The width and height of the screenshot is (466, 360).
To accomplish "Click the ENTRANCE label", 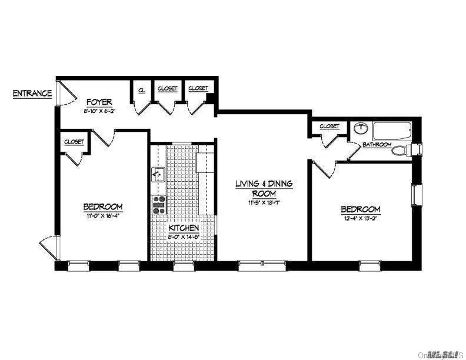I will point(32,94).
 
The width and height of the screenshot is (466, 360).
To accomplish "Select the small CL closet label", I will point(142,90).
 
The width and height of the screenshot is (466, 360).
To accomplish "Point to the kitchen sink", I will point(158,174).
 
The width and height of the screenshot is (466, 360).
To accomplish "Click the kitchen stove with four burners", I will point(159,204).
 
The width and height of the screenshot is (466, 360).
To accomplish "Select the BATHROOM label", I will point(377,144).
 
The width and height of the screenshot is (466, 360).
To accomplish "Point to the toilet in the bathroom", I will point(402,150).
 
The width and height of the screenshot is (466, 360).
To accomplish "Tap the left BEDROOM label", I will point(102,206).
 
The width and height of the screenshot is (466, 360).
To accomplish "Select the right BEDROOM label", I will point(360,209).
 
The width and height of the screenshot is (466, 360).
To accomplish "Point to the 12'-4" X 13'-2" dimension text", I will point(360,219).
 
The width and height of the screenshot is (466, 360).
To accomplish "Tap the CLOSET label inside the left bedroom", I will point(74,142).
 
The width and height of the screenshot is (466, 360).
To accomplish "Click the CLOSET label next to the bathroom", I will point(329,126).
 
